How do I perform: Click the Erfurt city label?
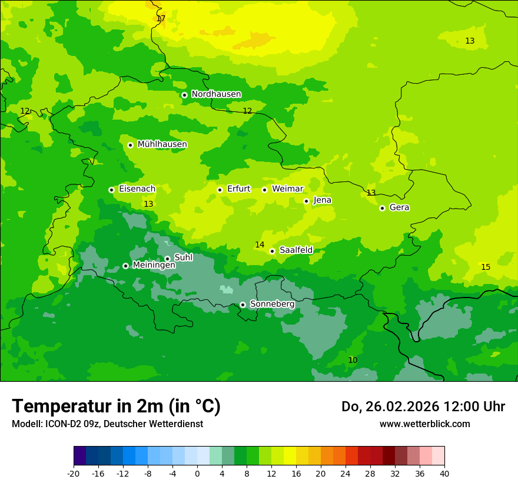238,189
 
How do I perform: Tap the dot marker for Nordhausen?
184,95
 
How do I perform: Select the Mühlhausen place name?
162,144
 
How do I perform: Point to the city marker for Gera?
382,208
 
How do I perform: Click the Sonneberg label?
272,304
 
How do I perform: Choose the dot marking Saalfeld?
272,251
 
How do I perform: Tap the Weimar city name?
287,189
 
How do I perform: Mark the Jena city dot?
306,201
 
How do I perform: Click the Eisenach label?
137,189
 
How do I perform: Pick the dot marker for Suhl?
167,259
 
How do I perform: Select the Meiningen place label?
154,265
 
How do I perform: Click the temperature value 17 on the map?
161,19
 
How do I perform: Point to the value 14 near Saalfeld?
260,245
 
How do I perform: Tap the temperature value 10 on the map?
353,361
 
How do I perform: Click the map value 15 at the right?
486,267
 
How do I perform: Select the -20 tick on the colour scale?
74,473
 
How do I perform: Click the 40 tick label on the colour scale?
444,473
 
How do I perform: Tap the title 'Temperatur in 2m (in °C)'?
116,407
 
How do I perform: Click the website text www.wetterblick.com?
424,424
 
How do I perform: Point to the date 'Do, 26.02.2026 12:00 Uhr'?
423,407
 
